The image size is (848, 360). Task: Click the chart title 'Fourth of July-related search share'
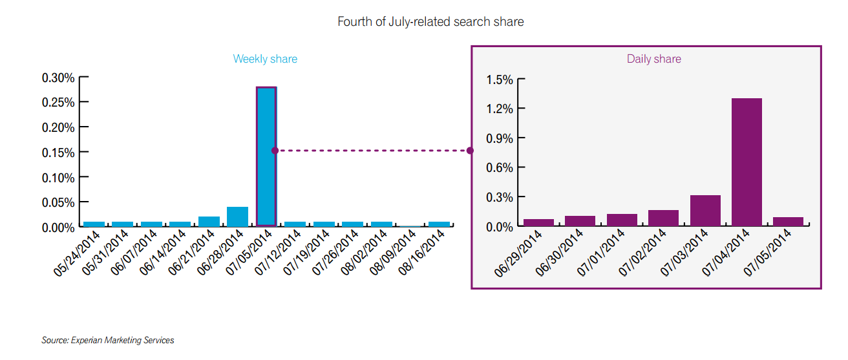(430, 21)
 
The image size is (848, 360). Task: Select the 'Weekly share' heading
(265, 59)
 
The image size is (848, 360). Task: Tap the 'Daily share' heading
(653, 59)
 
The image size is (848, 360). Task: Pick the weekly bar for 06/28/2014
(237, 217)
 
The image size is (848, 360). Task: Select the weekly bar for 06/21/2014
(209, 222)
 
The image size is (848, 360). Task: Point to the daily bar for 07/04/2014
(747, 162)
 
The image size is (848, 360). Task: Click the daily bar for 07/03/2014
(705, 211)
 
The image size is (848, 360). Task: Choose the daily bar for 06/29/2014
(538, 222)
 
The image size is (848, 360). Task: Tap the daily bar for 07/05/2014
(788, 222)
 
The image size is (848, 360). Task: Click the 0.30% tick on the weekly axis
(58, 78)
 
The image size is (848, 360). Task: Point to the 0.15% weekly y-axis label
(58, 153)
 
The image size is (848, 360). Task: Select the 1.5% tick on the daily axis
(500, 79)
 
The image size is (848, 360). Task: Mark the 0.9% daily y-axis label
(500, 138)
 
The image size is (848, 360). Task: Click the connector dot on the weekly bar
(275, 151)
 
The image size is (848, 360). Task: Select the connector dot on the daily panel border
(470, 151)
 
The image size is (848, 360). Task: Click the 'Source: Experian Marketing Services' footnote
(108, 340)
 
